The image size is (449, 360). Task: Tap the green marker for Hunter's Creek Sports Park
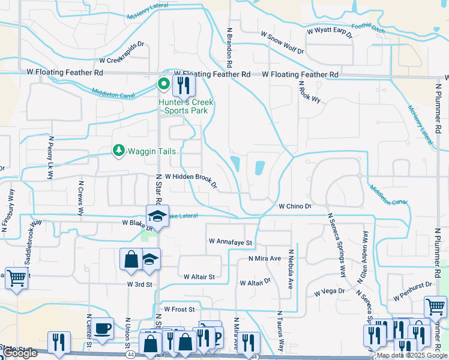(x=163, y=85)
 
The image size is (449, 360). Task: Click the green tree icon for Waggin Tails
(x=119, y=151)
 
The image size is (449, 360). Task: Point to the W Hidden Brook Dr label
(x=186, y=181)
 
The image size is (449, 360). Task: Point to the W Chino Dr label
(x=295, y=206)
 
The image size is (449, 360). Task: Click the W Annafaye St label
(x=232, y=242)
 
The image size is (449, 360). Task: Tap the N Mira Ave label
(x=265, y=259)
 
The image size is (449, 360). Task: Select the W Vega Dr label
(x=330, y=292)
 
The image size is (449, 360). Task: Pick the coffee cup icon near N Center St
(x=104, y=328)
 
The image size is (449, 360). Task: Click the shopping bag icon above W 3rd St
(x=130, y=260)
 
